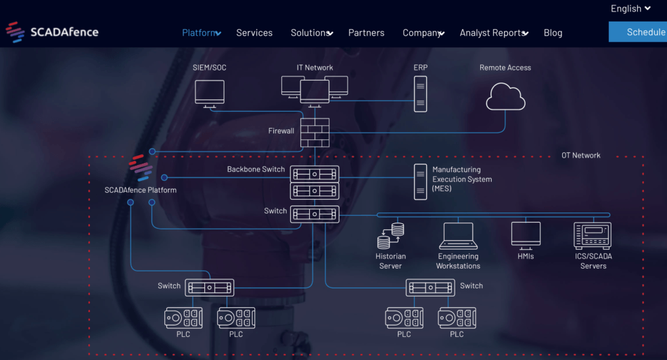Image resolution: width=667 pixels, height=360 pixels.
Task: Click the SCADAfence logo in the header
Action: (x=52, y=32)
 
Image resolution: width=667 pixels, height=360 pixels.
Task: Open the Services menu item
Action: (x=254, y=32)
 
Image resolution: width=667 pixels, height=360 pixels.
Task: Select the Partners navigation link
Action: (x=366, y=32)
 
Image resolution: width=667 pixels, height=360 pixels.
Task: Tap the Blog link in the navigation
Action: (x=553, y=32)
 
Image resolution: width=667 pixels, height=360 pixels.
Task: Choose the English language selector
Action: (x=630, y=9)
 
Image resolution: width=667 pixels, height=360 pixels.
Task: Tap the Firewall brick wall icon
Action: (x=315, y=132)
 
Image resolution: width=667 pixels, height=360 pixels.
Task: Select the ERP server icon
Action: (x=420, y=94)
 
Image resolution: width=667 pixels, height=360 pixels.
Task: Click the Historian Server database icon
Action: (x=390, y=236)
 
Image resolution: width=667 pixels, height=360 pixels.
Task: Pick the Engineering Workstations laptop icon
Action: (x=458, y=235)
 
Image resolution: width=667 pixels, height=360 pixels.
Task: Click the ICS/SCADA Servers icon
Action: (x=592, y=236)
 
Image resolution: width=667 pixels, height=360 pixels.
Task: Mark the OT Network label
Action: (x=580, y=156)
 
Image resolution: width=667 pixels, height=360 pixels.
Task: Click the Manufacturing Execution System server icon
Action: (x=420, y=181)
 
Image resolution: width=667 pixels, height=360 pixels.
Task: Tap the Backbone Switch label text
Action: (x=256, y=169)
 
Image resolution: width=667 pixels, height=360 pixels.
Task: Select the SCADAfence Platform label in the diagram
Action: (x=141, y=190)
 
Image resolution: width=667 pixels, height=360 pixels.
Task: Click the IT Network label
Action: (x=315, y=68)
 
